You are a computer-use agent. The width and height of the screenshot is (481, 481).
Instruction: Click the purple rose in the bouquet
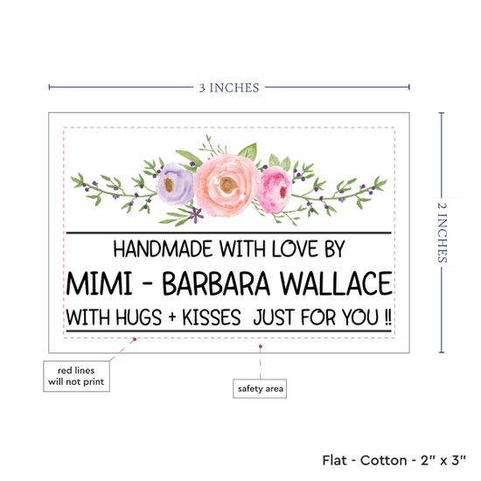pos(175,184)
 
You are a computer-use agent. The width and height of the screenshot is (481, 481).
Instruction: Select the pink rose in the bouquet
pos(274,190)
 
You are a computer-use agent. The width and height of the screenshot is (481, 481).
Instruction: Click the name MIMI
pos(99,283)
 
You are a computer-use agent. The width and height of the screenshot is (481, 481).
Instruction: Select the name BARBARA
pos(216,283)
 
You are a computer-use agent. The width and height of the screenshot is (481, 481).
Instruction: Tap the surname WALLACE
pos(336,283)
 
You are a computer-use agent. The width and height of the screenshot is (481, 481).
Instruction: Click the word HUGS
pos(139,317)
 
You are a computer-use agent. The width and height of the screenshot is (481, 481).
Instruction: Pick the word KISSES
pos(212,317)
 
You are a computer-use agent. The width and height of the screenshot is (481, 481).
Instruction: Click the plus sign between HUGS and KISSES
pos(172,317)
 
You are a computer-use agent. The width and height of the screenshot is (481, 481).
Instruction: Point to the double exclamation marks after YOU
pos(388,317)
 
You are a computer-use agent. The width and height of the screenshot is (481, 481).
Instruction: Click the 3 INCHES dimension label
pos(229,87)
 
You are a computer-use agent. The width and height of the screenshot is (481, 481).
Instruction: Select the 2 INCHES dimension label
pos(442,233)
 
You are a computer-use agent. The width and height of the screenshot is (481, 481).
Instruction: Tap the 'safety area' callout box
pos(260,388)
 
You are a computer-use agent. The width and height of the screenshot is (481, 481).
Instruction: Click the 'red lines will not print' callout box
pos(76,376)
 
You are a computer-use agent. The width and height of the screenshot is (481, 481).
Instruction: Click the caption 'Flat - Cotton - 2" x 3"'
pos(394,460)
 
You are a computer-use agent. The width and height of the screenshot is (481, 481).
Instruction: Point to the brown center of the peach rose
pos(228,185)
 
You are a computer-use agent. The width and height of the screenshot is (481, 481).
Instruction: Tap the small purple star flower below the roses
pos(195,213)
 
